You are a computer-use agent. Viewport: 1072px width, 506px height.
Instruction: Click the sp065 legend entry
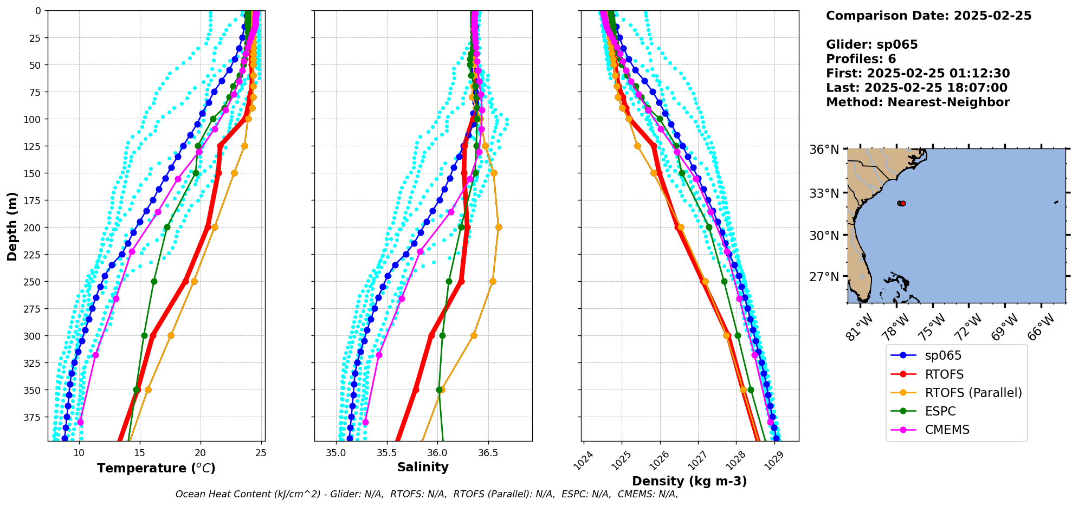943,356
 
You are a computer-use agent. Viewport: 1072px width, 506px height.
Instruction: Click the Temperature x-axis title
156,468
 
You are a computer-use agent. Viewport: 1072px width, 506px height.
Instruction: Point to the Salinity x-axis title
423,468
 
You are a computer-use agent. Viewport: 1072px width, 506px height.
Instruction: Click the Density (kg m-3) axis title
689,481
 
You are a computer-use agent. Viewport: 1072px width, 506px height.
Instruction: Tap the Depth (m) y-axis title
12,226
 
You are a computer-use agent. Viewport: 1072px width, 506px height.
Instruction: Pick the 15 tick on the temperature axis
140,453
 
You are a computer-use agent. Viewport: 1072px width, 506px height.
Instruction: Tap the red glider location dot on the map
903,203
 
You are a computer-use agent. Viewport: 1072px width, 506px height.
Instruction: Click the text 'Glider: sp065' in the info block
871,45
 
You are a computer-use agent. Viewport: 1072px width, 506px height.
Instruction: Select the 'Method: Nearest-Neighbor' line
918,102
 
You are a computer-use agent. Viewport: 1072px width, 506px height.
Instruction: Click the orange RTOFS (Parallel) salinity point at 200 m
499,227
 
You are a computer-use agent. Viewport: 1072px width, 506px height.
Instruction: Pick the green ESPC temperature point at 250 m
154,281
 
